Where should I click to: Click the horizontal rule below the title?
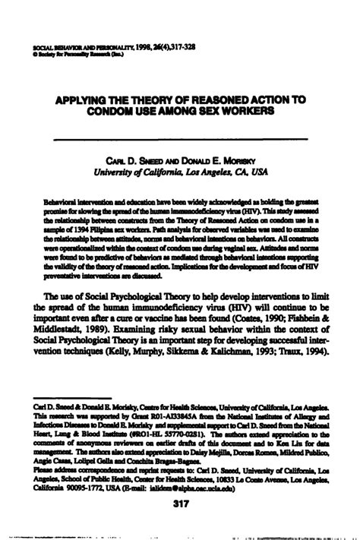179,139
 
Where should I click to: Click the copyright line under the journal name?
69,54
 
